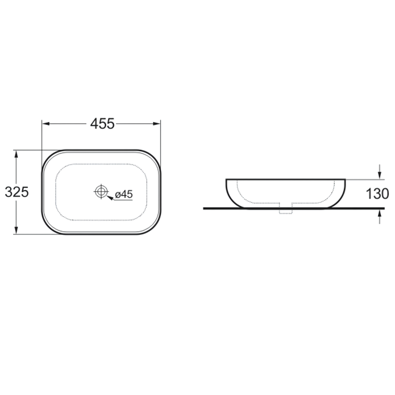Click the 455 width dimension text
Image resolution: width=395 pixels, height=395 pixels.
coord(102,124)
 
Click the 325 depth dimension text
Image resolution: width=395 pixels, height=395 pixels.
coord(17,192)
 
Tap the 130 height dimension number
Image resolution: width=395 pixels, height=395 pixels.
coord(377,194)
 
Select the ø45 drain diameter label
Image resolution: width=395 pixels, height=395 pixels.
coord(124,194)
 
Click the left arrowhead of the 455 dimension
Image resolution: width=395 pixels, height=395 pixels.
coord(46,124)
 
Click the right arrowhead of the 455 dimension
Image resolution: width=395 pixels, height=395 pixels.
coord(156,124)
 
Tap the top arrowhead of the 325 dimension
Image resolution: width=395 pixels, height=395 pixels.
coord(16,154)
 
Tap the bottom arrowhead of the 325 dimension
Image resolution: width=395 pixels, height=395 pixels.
coord(16,230)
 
